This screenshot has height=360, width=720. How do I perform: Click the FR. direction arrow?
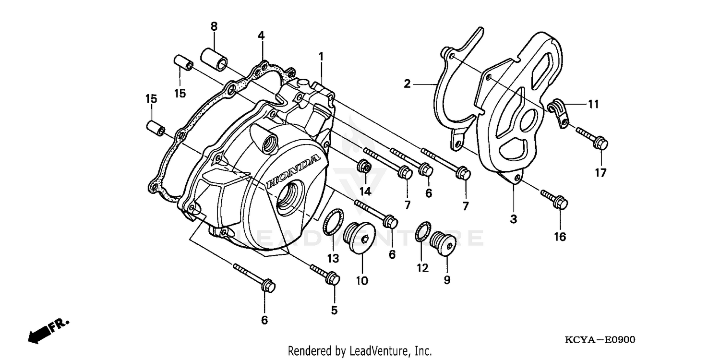[x=48, y=330]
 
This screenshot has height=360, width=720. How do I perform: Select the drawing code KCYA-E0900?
[x=600, y=340]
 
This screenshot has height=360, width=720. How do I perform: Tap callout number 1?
[x=321, y=57]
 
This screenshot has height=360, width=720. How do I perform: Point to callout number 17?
[x=601, y=173]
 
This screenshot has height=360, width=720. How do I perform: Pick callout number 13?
[x=333, y=258]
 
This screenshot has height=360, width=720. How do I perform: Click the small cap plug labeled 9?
[x=442, y=243]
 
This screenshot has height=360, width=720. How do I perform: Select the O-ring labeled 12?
[x=422, y=232]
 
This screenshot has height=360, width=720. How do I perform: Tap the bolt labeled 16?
[x=555, y=199]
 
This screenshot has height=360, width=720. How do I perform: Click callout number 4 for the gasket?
[x=261, y=36]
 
